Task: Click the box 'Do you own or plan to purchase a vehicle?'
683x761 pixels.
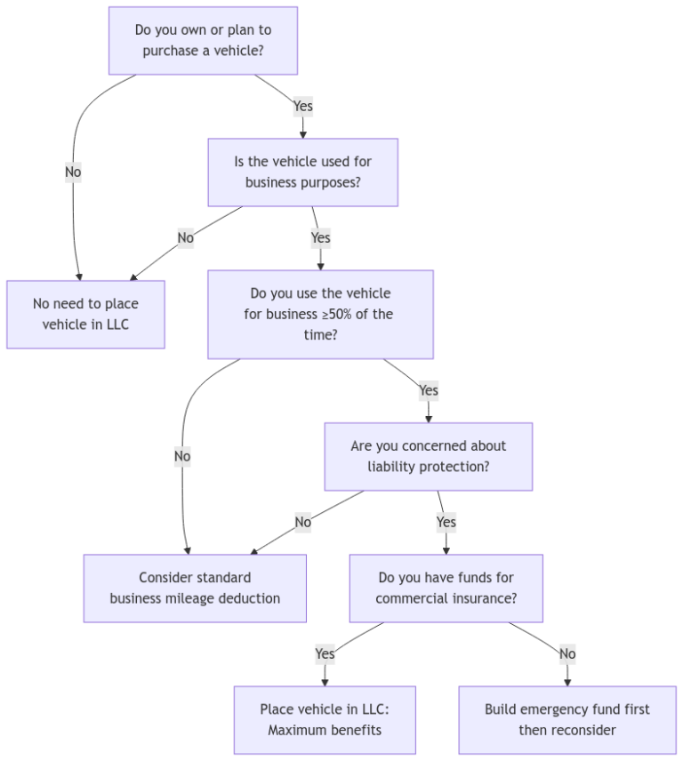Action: coord(203,41)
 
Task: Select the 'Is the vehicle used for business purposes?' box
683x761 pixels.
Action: coord(302,172)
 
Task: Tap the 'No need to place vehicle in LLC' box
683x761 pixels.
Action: coord(85,314)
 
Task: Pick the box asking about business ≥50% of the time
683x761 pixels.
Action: coord(320,314)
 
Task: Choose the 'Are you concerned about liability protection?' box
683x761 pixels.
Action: coord(428,456)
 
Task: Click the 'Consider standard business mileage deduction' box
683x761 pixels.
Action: coord(195,588)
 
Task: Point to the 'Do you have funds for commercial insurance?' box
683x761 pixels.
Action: coord(446,588)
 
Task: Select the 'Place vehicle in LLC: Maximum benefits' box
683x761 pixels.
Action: coord(325,719)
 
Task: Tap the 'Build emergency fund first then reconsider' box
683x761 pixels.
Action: coord(567,719)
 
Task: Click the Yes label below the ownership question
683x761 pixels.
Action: coord(303,106)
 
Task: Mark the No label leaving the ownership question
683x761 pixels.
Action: coord(73,172)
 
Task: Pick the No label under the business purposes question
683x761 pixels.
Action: coord(185,237)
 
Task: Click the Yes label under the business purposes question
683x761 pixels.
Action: coord(320,237)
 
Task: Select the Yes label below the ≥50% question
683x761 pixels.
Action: coord(429,390)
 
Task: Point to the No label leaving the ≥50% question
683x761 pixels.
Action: coord(182,456)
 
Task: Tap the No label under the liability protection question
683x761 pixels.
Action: coord(303,522)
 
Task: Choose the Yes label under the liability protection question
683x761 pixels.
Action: coord(446,522)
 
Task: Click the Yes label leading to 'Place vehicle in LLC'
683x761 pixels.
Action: coord(325,653)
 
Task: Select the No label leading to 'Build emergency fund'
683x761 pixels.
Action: coord(567,653)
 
